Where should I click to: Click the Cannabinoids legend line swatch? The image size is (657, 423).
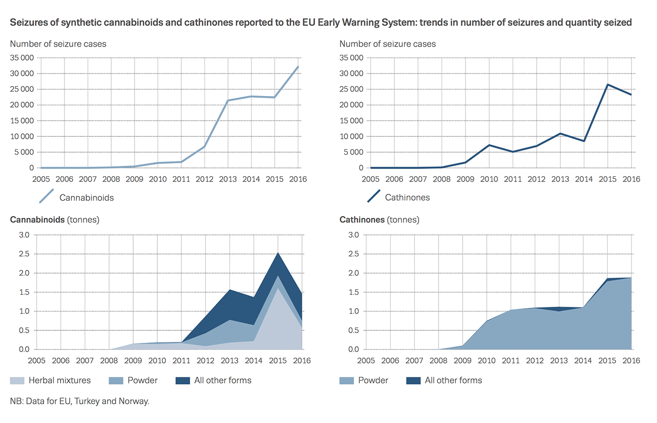(x=45, y=197)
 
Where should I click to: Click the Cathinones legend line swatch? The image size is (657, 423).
(x=374, y=197)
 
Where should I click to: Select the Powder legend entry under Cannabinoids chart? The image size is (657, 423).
(x=142, y=381)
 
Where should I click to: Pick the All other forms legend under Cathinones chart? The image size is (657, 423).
(x=453, y=381)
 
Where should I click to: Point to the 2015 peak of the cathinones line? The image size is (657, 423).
(x=607, y=85)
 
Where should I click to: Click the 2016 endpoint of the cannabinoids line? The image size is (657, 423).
(x=298, y=67)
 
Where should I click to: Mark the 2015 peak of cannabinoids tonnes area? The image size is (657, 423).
(x=277, y=253)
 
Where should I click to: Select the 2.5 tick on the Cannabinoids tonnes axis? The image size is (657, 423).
(x=24, y=254)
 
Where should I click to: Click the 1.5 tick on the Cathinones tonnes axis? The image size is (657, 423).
(x=353, y=292)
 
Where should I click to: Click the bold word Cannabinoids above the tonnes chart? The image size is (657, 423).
(x=37, y=220)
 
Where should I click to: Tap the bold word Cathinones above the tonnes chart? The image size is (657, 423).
(x=362, y=220)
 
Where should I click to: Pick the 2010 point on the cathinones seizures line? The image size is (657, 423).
(x=489, y=145)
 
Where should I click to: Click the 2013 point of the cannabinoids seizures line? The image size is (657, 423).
(x=227, y=100)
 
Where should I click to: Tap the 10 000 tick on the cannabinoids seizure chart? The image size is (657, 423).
(x=22, y=137)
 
